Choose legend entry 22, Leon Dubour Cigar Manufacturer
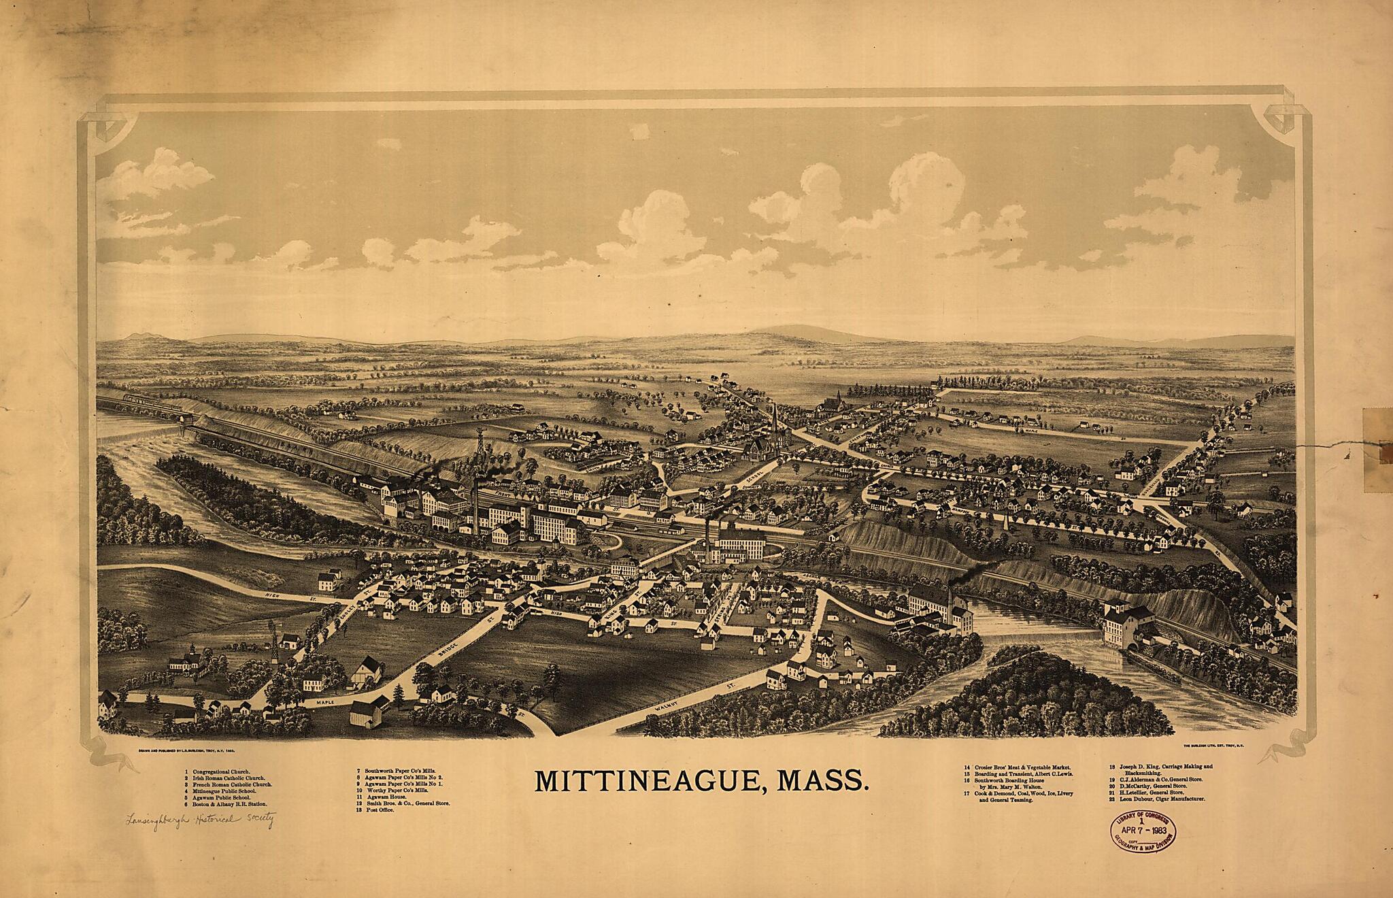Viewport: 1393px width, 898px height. click(x=1156, y=799)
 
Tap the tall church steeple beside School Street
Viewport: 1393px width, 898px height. click(x=774, y=422)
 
